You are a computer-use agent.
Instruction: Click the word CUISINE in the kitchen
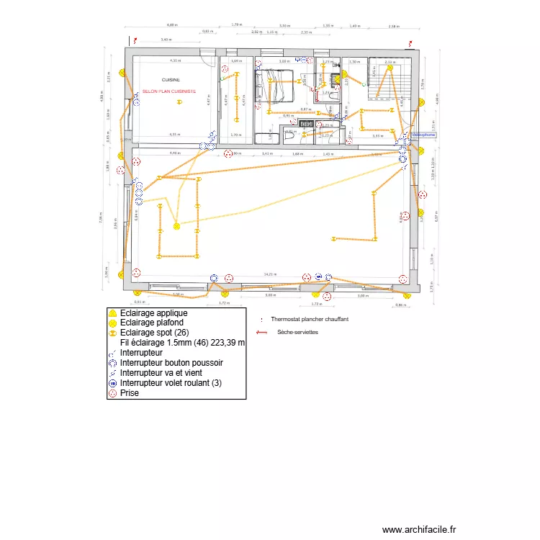click(x=171, y=80)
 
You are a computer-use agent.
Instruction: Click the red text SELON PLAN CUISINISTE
click(x=170, y=91)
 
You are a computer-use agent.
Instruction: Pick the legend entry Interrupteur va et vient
click(x=161, y=374)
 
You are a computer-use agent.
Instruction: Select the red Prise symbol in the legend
click(x=112, y=394)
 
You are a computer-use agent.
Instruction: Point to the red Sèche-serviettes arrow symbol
click(x=261, y=333)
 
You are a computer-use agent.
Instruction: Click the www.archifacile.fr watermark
click(x=420, y=530)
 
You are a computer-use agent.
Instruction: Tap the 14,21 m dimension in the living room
click(x=270, y=274)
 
